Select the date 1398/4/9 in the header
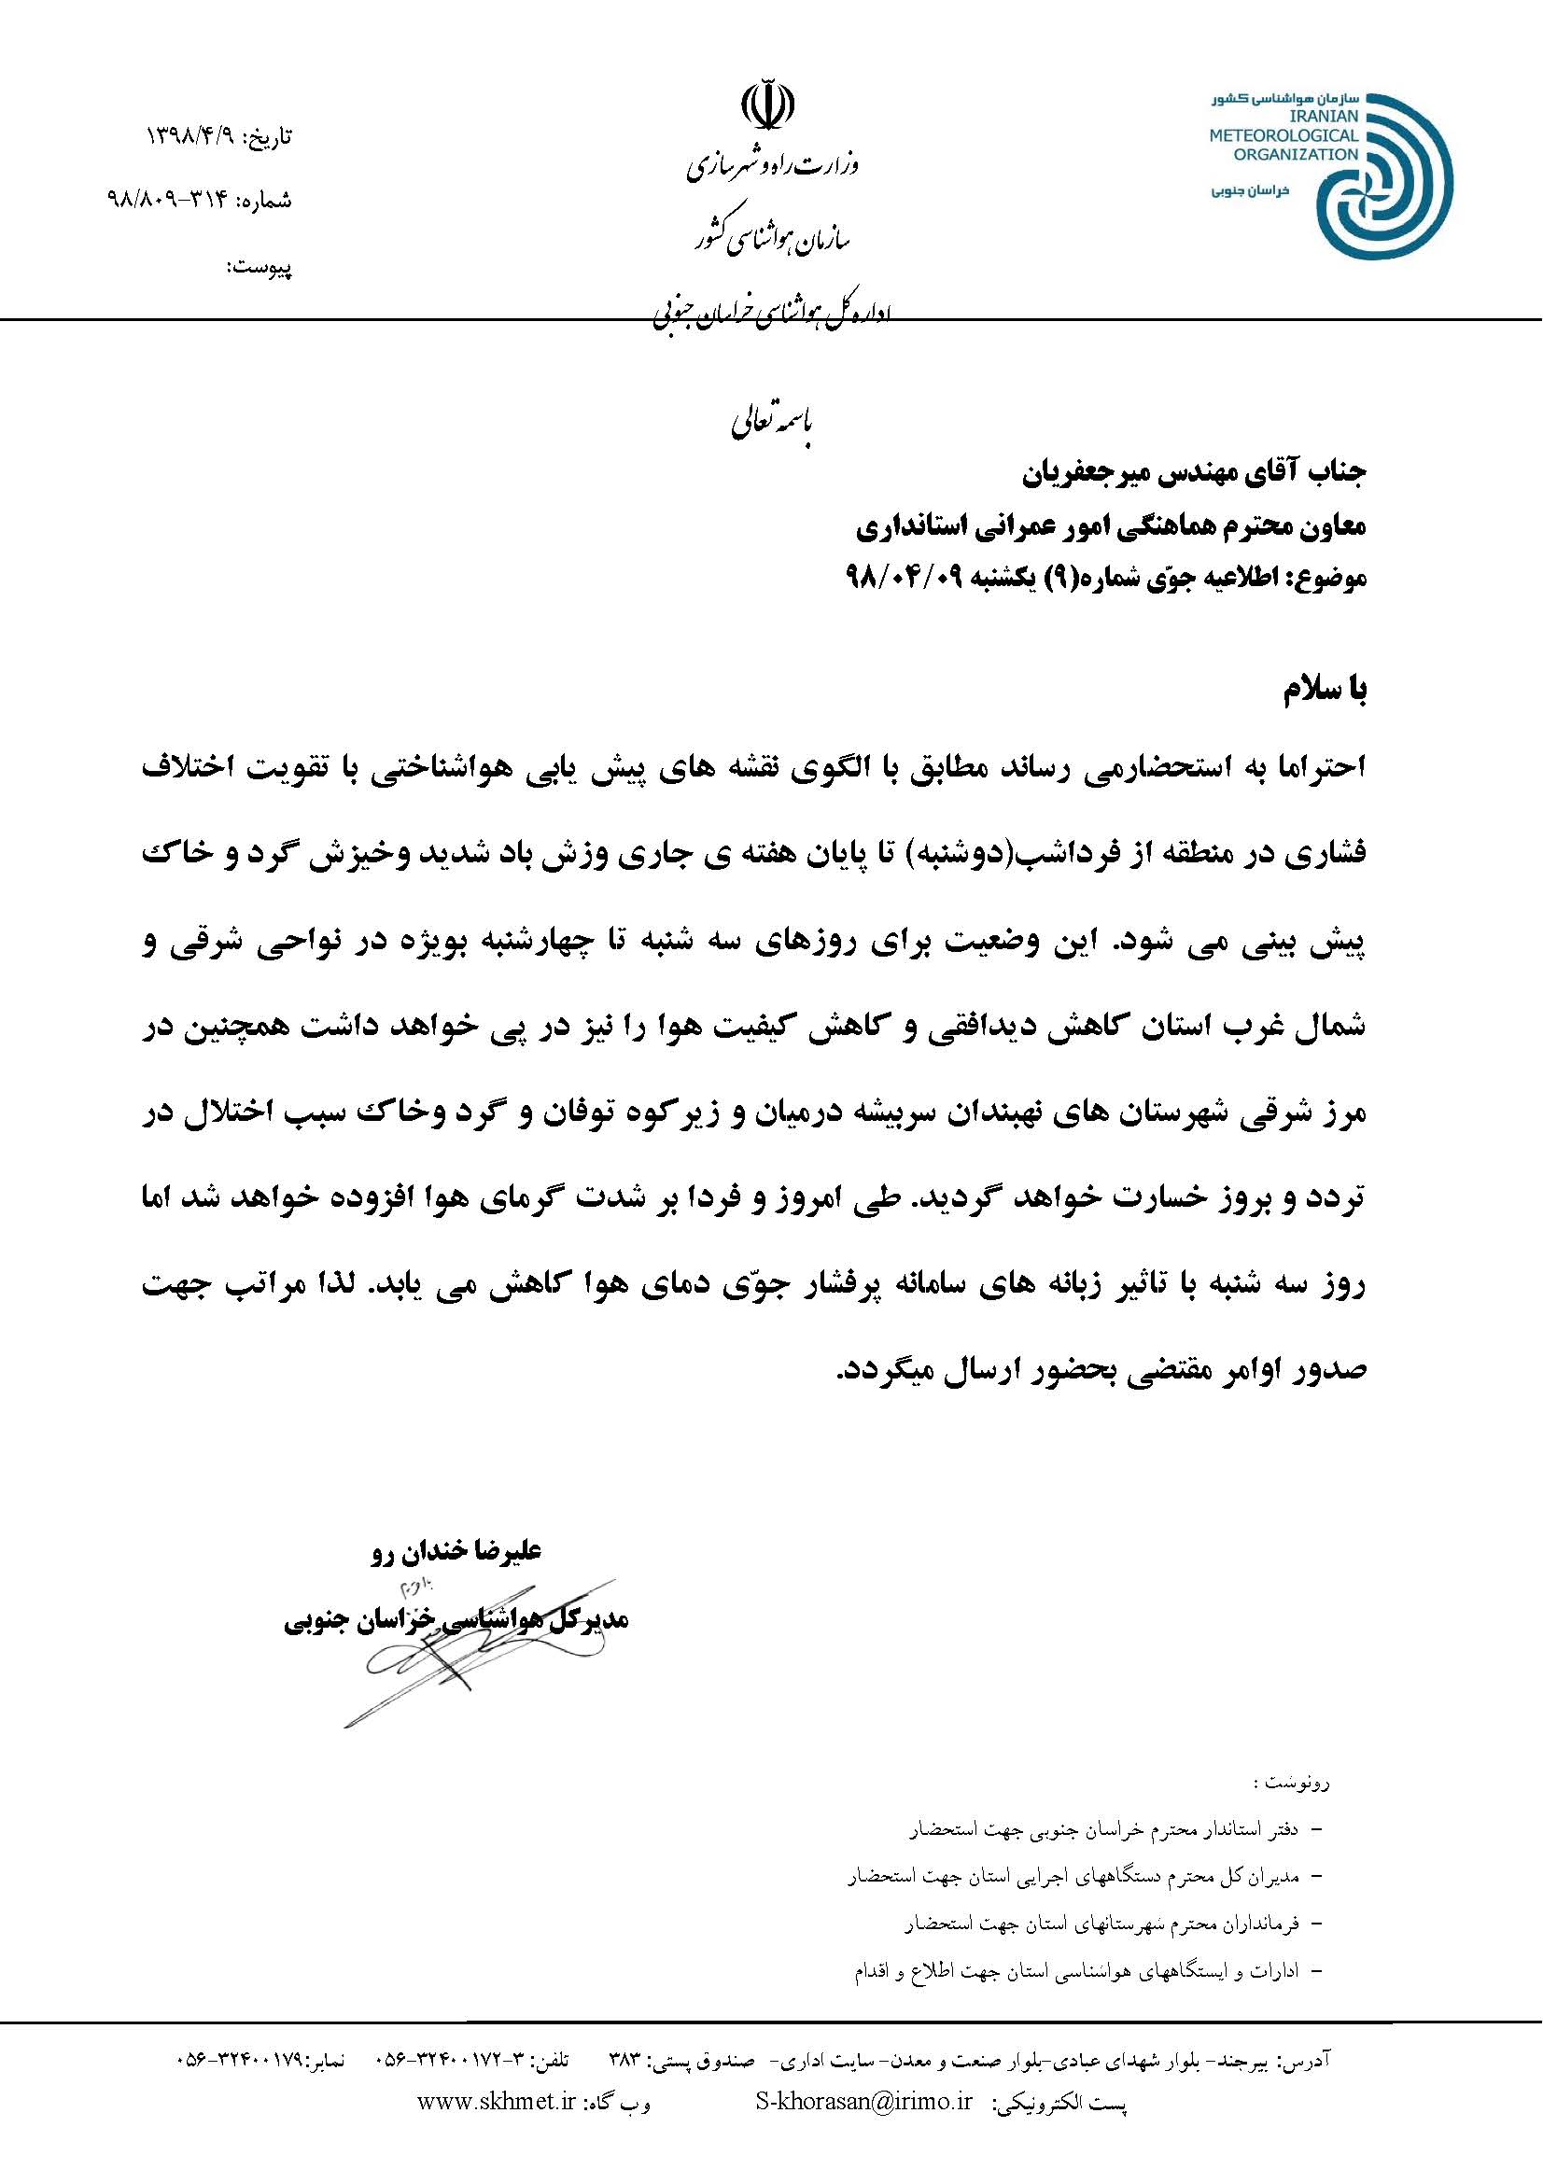[194, 137]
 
